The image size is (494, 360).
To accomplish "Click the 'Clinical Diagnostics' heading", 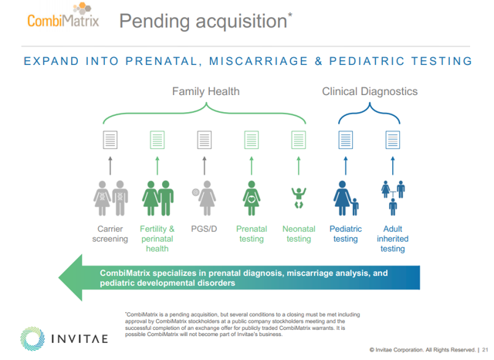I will [370, 91].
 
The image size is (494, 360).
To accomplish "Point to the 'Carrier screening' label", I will [110, 234].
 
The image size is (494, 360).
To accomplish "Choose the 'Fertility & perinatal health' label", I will [157, 239].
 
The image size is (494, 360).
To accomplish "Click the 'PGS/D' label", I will [204, 229].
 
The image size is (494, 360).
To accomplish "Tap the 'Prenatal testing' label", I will [252, 234].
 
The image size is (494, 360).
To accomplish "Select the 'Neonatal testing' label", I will [299, 234].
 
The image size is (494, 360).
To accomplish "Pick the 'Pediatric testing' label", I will [345, 234].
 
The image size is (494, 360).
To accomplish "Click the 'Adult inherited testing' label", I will [392, 239].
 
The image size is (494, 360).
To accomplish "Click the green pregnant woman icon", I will [251, 199].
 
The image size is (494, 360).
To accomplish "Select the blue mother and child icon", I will [345, 199].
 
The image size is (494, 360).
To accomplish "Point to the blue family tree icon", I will [392, 198].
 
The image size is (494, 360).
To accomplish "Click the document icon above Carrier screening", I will [110, 140].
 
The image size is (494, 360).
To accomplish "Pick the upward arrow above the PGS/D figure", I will [204, 165].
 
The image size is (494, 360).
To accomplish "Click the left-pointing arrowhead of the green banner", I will [73, 278].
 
